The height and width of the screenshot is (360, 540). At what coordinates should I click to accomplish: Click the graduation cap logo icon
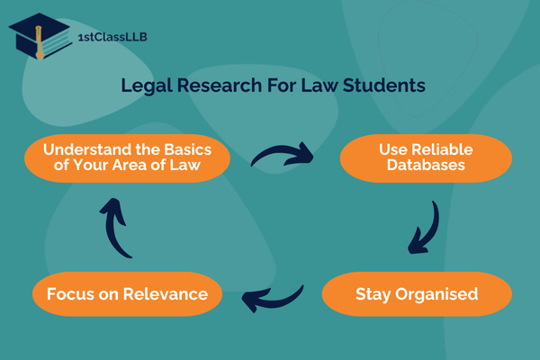40,36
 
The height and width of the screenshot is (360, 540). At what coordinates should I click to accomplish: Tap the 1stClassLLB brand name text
112,37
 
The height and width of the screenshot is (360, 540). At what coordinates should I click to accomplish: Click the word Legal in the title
147,85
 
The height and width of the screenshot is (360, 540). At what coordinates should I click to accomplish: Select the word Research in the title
220,85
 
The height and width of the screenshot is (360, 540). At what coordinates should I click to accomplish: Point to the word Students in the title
384,85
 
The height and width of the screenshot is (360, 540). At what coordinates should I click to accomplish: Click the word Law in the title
319,85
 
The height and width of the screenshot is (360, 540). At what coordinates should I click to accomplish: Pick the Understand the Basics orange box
128,158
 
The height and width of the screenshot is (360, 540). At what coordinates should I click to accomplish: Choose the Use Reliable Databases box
426,158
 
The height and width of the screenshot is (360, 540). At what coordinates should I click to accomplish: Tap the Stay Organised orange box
417,294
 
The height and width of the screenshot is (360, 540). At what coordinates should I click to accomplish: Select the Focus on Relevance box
128,294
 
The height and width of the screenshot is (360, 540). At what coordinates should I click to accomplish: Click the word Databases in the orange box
426,165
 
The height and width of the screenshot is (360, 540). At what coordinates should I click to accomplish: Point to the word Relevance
166,294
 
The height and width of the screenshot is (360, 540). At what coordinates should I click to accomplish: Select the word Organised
436,295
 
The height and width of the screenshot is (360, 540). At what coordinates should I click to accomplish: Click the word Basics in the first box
188,150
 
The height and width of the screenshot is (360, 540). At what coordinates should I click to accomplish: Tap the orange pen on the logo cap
39,42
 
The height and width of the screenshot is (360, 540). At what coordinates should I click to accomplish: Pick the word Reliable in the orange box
442,150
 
